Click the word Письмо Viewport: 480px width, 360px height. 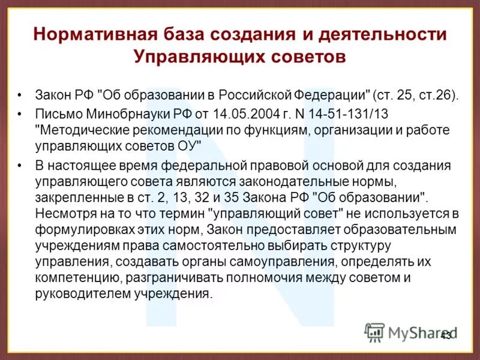pos(58,115)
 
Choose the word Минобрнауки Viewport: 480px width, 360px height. pos(128,115)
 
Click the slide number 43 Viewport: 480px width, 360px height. pos(446,336)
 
